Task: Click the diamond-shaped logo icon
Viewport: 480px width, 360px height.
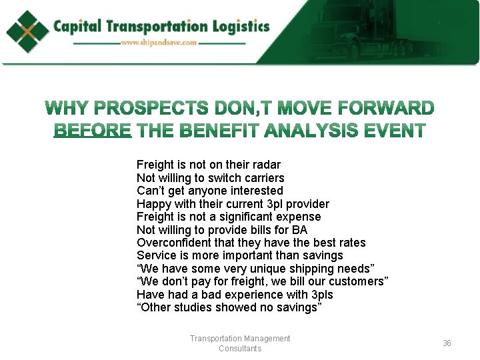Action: [28, 31]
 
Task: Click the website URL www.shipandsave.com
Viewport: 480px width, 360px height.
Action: [159, 43]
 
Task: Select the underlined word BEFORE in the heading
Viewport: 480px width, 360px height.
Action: [93, 130]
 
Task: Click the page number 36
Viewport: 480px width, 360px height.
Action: [447, 343]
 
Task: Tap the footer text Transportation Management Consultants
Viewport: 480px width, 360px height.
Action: [240, 343]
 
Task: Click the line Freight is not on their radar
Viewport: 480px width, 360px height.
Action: [209, 165]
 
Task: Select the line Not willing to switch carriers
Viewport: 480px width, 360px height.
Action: [210, 177]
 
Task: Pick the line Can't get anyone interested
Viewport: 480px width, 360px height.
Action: [209, 191]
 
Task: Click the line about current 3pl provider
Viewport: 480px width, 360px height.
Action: [233, 203]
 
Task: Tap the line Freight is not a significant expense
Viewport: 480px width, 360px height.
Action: [229, 217]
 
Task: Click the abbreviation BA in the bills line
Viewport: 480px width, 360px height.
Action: [299, 230]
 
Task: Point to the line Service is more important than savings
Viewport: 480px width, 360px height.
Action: [239, 255]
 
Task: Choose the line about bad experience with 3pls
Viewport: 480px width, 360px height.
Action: [235, 295]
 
